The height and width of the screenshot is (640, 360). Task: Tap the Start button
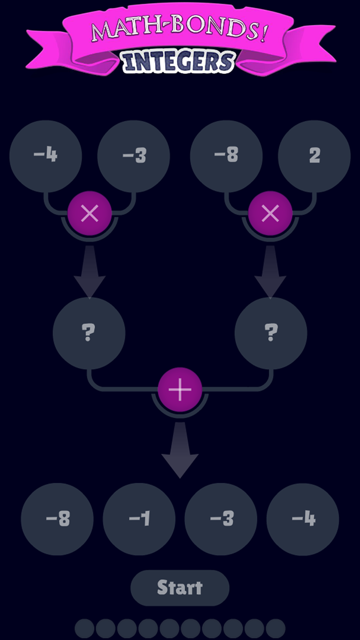[180, 588]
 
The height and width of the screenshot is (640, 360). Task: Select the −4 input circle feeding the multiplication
[46, 156]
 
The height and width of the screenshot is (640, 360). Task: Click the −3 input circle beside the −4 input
[134, 156]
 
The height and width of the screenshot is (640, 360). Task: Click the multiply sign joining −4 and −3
[90, 213]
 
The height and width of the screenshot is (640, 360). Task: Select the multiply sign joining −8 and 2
[270, 213]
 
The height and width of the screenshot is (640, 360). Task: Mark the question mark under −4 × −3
[89, 332]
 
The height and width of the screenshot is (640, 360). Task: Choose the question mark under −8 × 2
[271, 332]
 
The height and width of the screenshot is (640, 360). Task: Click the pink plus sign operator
[180, 390]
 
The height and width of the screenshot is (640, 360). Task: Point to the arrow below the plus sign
[180, 450]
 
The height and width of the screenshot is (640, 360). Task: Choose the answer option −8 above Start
[57, 519]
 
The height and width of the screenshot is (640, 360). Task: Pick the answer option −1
[139, 519]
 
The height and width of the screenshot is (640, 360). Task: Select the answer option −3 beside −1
[221, 519]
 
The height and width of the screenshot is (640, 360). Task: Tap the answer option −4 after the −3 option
[303, 519]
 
